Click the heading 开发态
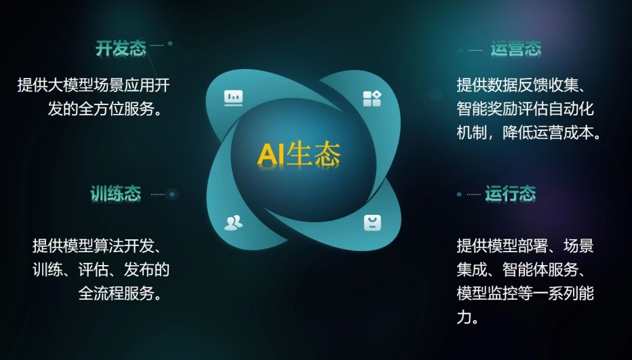(x=121, y=49)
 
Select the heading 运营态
(x=516, y=49)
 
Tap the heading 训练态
(x=116, y=194)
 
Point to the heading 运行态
(x=511, y=194)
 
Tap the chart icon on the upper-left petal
(x=233, y=98)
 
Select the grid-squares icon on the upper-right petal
(x=372, y=98)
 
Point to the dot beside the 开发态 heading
(x=170, y=43)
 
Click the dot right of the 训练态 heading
(x=173, y=195)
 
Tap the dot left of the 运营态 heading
(x=461, y=50)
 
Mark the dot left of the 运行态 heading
(x=459, y=195)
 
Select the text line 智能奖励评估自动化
(x=526, y=108)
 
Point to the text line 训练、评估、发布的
(x=101, y=270)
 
